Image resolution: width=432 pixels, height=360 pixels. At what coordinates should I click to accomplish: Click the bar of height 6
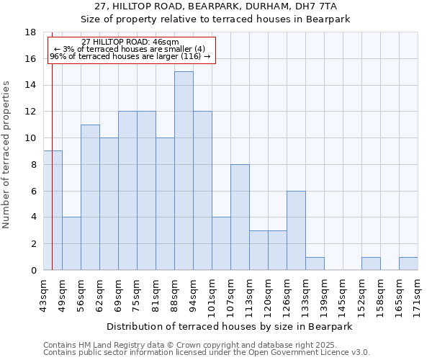click(296, 230)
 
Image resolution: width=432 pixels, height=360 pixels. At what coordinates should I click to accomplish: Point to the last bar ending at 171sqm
click(408, 264)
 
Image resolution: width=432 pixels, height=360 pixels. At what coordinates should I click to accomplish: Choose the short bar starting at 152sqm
click(371, 264)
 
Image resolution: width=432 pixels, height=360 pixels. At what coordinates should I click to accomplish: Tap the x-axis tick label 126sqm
click(287, 294)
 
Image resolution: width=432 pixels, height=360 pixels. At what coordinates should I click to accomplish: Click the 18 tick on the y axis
click(31, 32)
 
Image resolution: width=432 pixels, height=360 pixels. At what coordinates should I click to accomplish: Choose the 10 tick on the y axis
click(31, 138)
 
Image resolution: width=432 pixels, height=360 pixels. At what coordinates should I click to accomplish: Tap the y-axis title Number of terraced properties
click(6, 154)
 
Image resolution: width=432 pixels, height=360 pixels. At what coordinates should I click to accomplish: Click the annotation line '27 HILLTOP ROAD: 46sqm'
click(130, 42)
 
